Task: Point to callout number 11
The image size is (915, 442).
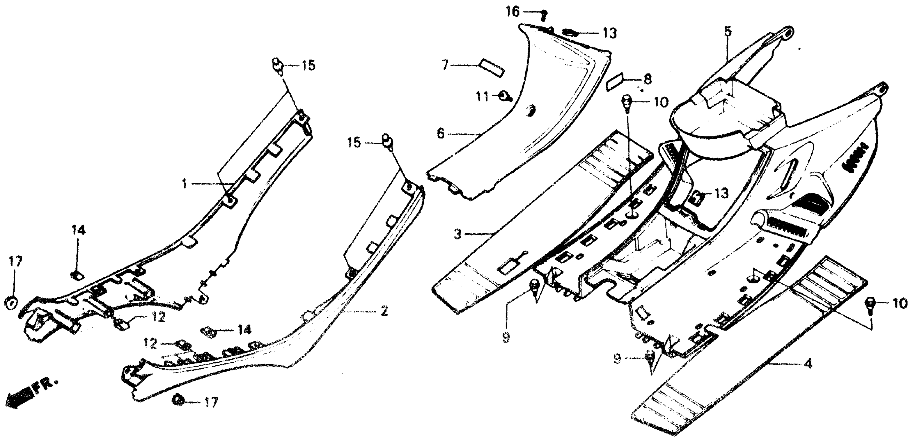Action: pos(482,97)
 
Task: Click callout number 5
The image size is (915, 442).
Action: pos(728,32)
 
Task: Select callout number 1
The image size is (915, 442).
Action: pos(184,184)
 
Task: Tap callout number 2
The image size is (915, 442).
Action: pos(384,311)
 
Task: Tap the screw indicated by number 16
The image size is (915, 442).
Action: pos(543,15)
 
